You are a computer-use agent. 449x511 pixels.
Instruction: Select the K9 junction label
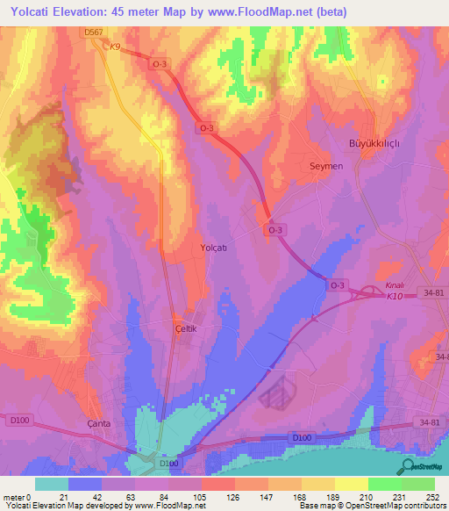point(114,47)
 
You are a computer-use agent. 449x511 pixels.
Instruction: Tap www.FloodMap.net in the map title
point(270,12)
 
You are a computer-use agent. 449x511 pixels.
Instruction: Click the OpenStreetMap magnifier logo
point(407,466)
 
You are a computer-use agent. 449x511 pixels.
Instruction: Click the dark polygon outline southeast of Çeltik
point(282,392)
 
